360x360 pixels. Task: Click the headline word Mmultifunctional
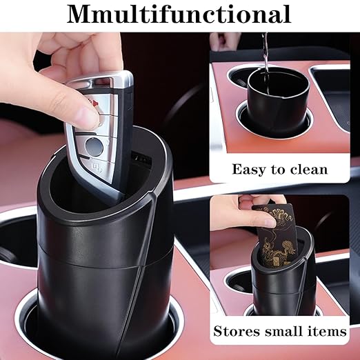[x=179, y=14]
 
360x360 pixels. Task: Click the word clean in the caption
[x=307, y=169]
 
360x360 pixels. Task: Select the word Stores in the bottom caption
[x=239, y=332]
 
